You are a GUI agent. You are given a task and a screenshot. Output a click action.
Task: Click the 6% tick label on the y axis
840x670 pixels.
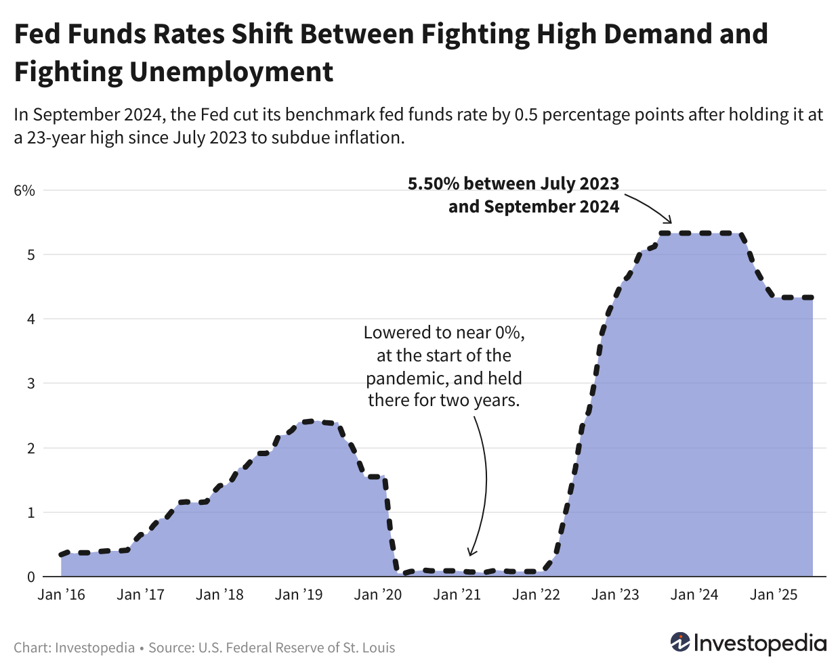[24, 190]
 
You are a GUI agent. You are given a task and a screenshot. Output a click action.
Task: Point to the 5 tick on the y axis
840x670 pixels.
[30, 254]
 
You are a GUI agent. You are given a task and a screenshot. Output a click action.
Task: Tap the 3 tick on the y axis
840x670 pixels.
[30, 383]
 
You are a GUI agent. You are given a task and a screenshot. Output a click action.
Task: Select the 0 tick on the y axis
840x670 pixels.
[30, 577]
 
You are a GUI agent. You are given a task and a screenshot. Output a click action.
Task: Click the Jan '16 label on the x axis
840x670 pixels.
[61, 595]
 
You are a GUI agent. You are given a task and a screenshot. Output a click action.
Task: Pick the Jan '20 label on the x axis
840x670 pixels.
[377, 595]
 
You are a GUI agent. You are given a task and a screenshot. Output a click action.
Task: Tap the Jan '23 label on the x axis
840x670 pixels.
[614, 595]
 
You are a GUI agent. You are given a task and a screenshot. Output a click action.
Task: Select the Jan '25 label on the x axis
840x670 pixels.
[774, 595]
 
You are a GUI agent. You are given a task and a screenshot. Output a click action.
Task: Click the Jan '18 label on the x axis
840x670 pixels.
[219, 595]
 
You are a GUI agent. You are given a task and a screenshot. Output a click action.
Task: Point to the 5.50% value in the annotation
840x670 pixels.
[434, 183]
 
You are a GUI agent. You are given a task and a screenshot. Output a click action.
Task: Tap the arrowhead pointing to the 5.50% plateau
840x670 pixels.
[669, 220]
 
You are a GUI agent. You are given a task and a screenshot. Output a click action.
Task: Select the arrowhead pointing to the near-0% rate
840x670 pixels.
[472, 552]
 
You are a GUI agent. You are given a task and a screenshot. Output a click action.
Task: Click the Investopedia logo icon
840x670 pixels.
[679, 642]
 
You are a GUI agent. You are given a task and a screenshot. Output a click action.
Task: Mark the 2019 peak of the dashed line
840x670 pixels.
[309, 421]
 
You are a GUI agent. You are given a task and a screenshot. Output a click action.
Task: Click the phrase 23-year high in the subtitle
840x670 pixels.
[75, 137]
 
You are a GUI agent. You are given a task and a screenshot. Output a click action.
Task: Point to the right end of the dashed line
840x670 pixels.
[812, 297]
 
